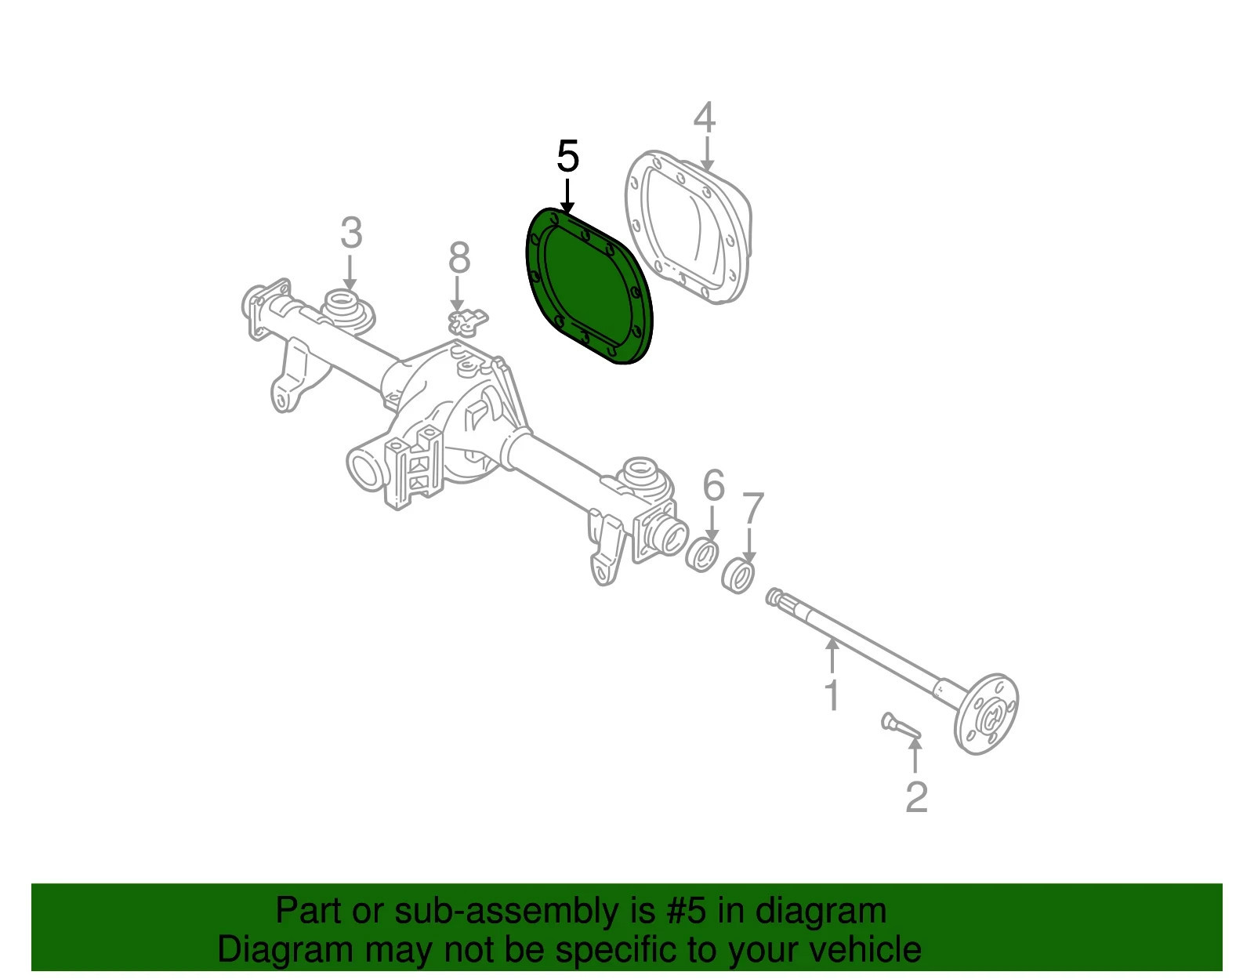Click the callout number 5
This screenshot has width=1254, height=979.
567,156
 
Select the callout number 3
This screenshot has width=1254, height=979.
351,233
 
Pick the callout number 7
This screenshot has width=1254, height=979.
752,508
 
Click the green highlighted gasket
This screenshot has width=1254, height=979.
589,286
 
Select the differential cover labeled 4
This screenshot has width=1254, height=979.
688,227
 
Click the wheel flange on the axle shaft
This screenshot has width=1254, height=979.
985,713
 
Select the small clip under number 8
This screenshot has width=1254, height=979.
468,322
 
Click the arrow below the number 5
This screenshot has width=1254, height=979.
567,197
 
